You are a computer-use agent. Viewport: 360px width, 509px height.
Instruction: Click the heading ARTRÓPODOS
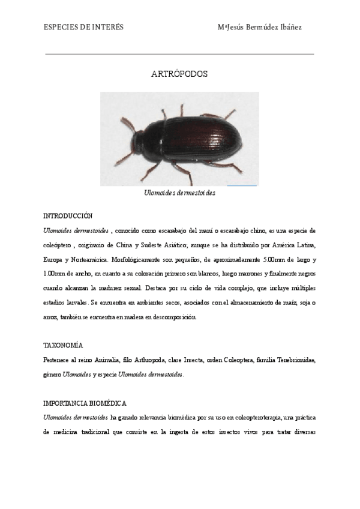pos(179,75)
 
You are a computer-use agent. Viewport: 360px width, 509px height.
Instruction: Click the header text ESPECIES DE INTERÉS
pos(84,27)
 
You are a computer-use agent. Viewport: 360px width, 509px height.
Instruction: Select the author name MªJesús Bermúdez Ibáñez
pos(268,27)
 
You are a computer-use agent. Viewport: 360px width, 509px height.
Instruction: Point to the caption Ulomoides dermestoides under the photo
pos(179,193)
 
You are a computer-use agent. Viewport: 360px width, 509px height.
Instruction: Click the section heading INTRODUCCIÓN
pos(68,215)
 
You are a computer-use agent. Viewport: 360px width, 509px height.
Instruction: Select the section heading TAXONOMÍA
pos(63,346)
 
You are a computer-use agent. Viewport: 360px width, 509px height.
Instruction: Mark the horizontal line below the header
pos(179,54)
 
